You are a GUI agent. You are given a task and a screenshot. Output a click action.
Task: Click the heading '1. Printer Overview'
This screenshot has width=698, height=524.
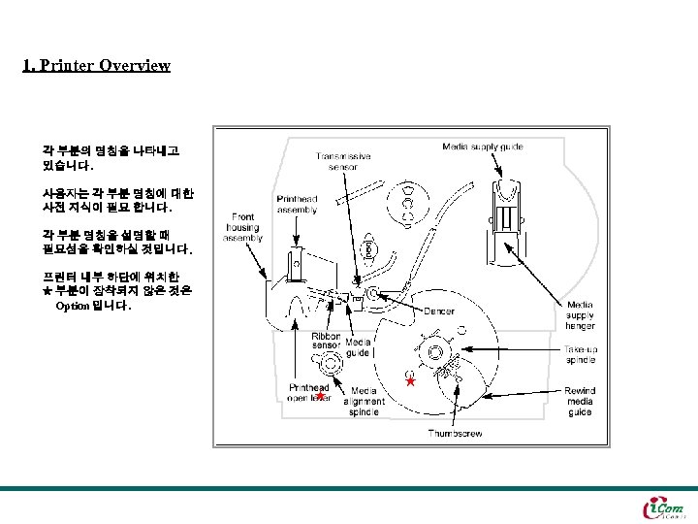[x=96, y=66]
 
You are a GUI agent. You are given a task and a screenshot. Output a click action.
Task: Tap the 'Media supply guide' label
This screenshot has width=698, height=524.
[x=482, y=147]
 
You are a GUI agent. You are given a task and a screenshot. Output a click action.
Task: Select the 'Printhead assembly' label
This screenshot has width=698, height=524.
[x=296, y=204]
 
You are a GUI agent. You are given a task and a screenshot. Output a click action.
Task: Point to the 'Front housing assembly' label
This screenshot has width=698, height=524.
[x=242, y=227]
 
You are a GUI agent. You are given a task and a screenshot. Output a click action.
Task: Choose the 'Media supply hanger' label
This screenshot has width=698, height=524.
[x=580, y=315]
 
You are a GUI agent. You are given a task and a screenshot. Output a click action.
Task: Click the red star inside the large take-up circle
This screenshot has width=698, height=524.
[x=410, y=382]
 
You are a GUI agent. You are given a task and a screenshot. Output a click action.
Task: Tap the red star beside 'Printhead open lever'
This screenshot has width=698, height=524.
[x=319, y=396]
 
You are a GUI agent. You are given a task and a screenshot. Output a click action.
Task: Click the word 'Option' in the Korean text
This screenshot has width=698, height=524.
[x=72, y=306]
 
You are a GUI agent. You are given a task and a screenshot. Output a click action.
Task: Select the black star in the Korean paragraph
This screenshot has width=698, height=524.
[x=48, y=290]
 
